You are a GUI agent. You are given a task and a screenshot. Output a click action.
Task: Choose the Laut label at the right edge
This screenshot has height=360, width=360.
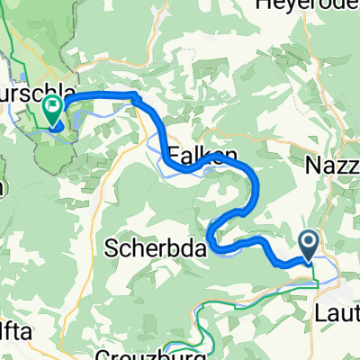(338, 314)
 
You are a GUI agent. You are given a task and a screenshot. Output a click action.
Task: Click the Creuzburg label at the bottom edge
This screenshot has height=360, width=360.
(134, 354)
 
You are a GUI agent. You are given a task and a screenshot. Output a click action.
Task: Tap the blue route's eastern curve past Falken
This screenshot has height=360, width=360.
(258, 184)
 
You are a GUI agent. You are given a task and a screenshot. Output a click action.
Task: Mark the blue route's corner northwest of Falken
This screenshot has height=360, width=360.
(137, 96)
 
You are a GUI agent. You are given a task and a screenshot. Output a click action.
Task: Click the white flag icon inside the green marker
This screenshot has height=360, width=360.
(52, 108)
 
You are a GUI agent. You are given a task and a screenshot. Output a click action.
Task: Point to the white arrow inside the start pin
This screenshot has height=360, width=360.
(308, 240)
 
